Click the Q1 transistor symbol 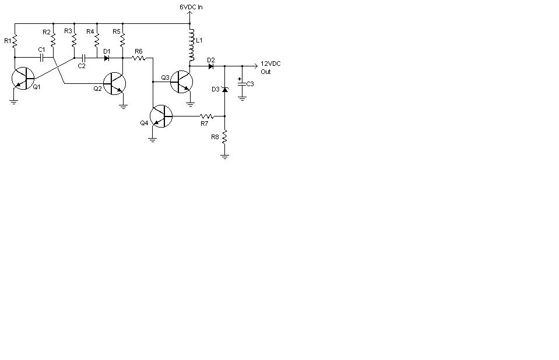pyautogui.click(x=23, y=79)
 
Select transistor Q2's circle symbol pyautogui.click(x=114, y=84)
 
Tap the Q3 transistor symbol pyautogui.click(x=181, y=82)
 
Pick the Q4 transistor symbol pyautogui.click(x=161, y=116)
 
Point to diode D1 pyautogui.click(x=106, y=58)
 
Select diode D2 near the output pyautogui.click(x=211, y=66)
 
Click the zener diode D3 pyautogui.click(x=224, y=89)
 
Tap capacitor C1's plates pyautogui.click(x=41, y=58)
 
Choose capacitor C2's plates pyautogui.click(x=83, y=58)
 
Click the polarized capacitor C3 pyautogui.click(x=242, y=84)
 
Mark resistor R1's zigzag pyautogui.click(x=15, y=41)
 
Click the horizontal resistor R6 pyautogui.click(x=139, y=58)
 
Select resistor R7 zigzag pyautogui.click(x=207, y=116)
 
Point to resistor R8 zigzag pyautogui.click(x=224, y=137)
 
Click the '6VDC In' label pyautogui.click(x=191, y=7)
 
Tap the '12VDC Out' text pyautogui.click(x=270, y=68)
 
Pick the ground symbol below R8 pyautogui.click(x=224, y=156)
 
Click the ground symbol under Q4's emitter pyautogui.click(x=153, y=140)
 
